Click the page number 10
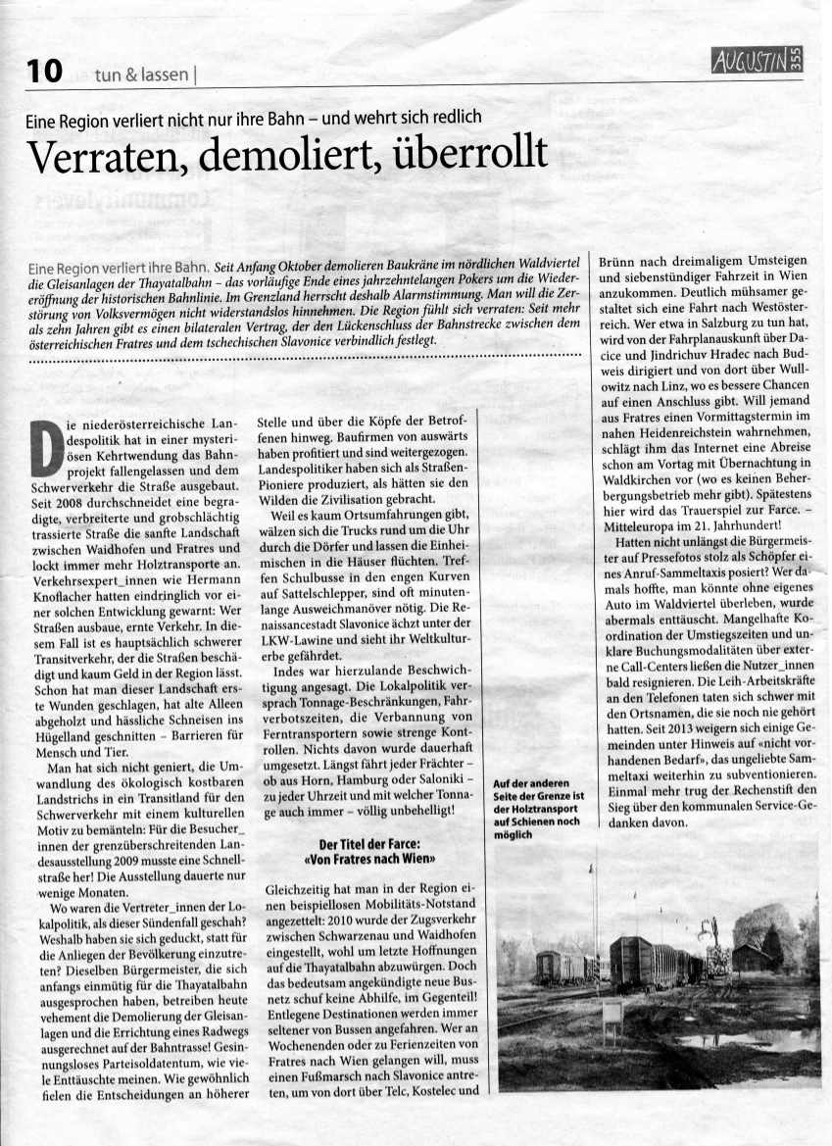(44, 71)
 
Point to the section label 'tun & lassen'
(145, 74)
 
